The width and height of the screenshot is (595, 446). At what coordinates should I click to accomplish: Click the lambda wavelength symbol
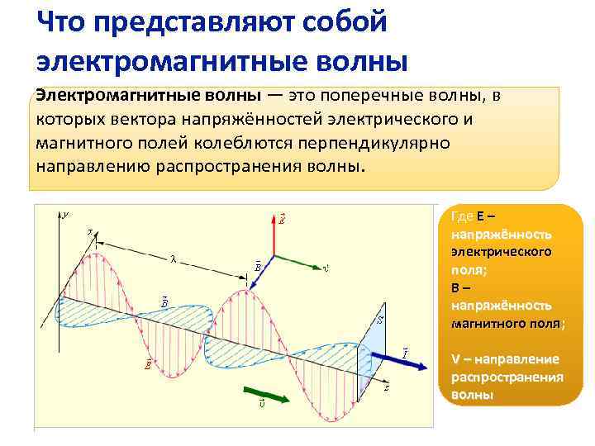coord(173,258)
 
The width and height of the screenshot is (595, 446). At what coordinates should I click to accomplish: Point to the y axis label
coord(66,215)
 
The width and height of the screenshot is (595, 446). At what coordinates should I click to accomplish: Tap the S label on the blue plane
coord(379,318)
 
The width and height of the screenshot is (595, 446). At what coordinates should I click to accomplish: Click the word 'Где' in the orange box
coord(462,216)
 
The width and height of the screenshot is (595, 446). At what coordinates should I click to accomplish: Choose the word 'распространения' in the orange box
coord(507,377)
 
